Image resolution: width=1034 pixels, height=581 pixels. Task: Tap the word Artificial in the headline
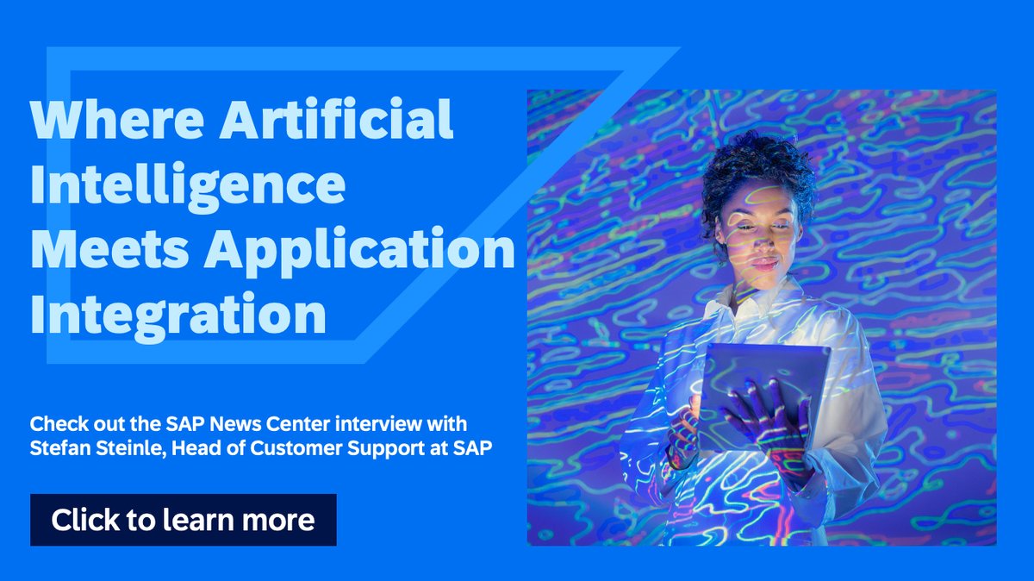[x=335, y=121]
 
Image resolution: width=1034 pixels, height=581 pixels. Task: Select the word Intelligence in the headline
[x=188, y=186]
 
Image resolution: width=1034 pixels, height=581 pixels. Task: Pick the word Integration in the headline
[x=178, y=315]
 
